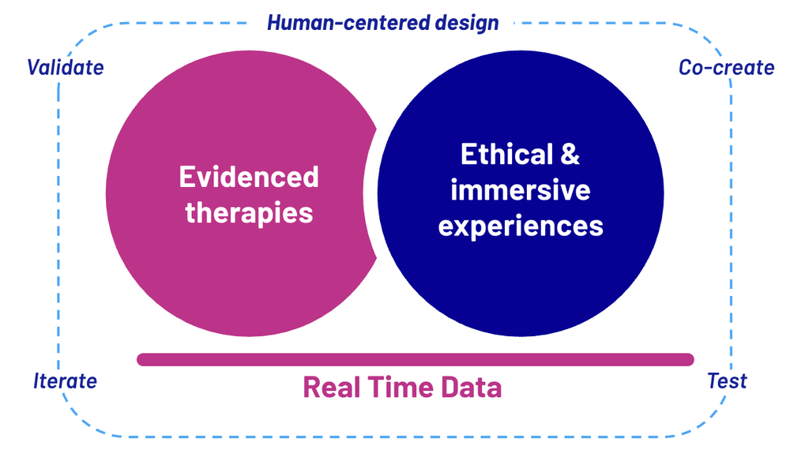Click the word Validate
(x=66, y=67)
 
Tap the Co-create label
(x=726, y=67)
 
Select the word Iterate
(x=66, y=381)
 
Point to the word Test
(x=727, y=381)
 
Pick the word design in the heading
(x=468, y=22)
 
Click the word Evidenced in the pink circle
(x=249, y=176)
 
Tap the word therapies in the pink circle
(x=249, y=212)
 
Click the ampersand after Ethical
(x=570, y=154)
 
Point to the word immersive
(x=521, y=190)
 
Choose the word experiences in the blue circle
(x=521, y=227)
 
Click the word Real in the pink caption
(x=330, y=388)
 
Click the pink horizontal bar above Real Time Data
(x=415, y=359)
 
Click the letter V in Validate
(x=34, y=67)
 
